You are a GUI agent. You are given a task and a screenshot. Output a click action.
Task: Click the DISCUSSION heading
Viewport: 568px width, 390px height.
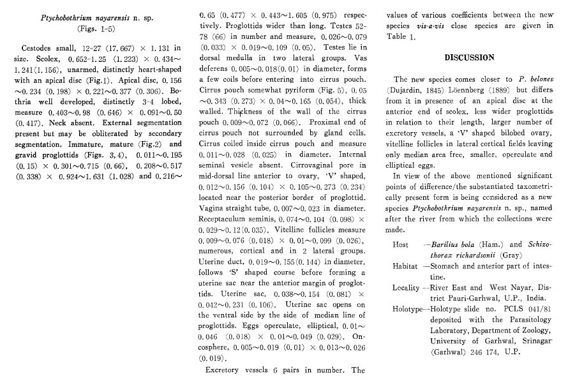click(x=469, y=57)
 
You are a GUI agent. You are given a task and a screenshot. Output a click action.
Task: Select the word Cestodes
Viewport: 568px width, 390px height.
click(x=40, y=48)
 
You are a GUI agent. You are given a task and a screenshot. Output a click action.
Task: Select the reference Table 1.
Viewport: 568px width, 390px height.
click(x=401, y=37)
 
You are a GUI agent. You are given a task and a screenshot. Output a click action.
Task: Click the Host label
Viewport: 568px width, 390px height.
click(x=401, y=244)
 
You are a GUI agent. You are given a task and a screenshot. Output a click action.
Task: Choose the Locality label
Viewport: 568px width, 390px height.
click(x=407, y=288)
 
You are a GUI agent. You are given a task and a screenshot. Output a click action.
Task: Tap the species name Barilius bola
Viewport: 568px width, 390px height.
click(x=453, y=244)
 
